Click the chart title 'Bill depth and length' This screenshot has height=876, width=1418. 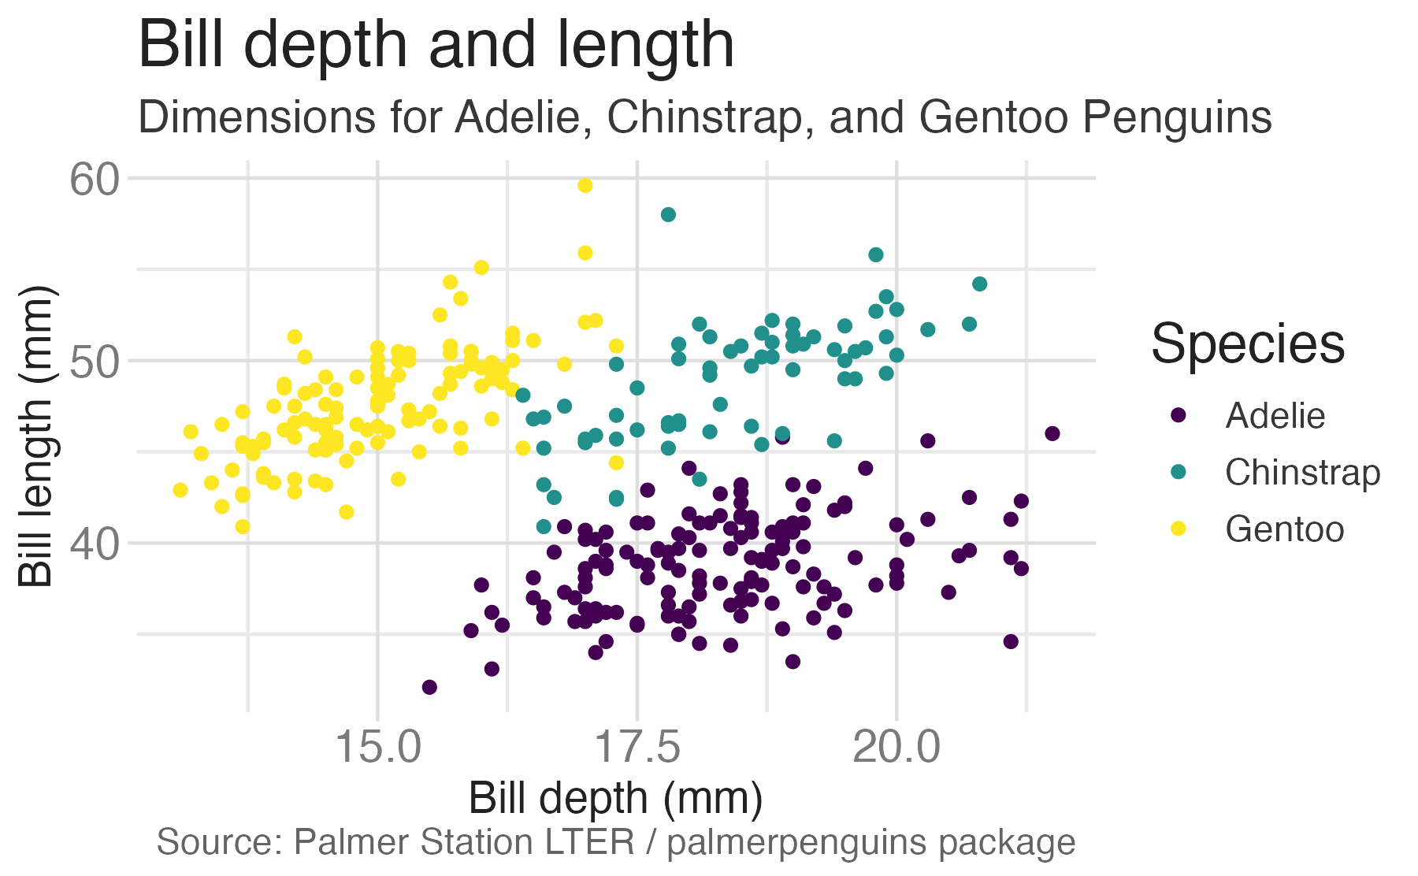coord(436,46)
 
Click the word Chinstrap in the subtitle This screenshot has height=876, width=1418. coord(707,117)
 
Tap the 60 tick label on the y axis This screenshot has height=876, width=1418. coord(94,180)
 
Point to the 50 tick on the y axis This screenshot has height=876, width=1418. coord(94,362)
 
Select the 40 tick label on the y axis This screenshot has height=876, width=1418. coord(94,544)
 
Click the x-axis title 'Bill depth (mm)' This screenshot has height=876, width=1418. coord(615,799)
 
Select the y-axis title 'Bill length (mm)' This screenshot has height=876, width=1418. coord(36,436)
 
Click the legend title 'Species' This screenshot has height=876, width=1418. coord(1248,344)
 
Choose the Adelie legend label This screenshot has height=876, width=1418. coord(1275,416)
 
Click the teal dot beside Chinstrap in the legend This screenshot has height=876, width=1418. coord(1179,472)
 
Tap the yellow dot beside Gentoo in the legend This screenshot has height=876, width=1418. coord(1179,529)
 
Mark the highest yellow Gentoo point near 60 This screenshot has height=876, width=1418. coord(585,185)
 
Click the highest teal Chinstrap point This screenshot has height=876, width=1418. coord(668,214)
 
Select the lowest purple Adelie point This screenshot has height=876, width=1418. coord(429,687)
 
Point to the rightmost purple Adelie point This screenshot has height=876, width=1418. coord(1052,433)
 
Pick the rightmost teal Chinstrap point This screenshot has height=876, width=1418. coord(979,284)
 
